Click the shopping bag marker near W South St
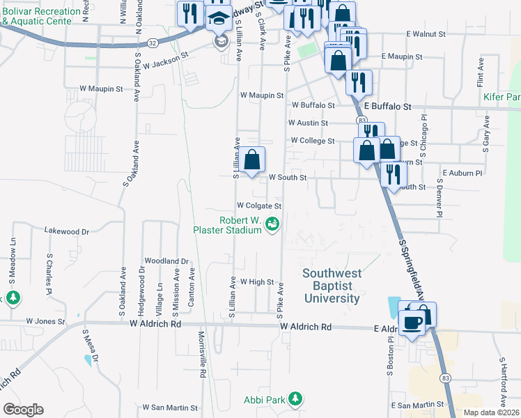(254, 160)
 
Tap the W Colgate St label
(258, 206)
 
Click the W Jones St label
(45, 322)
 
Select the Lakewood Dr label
(67, 231)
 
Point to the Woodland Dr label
(166, 261)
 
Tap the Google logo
(23, 410)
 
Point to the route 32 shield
(153, 42)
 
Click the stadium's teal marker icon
(272, 223)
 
